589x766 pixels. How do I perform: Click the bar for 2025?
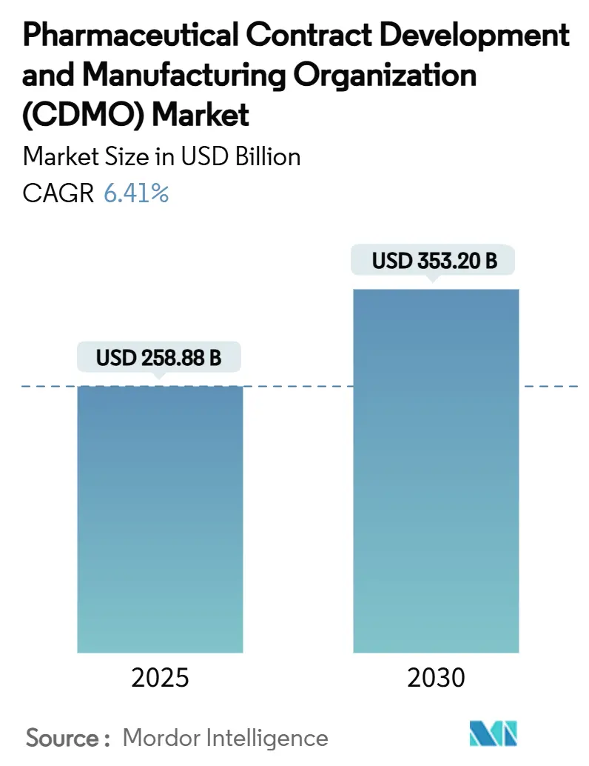160,519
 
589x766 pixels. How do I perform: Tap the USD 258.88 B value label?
159,359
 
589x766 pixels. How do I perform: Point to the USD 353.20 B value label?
434,262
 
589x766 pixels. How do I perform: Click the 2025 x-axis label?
160,678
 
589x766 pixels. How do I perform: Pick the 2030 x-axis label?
436,678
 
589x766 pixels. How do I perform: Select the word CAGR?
58,193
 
